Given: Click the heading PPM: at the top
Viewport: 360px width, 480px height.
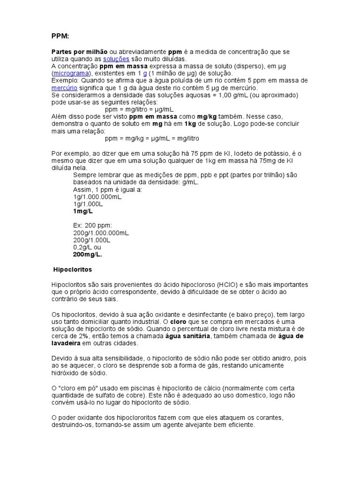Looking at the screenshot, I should [x=60, y=36].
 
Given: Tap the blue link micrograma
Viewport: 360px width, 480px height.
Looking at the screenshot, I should [x=71, y=74].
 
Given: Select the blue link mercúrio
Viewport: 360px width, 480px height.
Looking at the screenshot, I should [x=65, y=88].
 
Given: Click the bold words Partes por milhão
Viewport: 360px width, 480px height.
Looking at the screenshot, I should [x=79, y=52].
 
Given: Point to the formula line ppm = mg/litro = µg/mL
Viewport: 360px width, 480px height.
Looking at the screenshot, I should [x=140, y=109].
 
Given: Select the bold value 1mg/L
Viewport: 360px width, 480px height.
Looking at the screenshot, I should [x=83, y=211].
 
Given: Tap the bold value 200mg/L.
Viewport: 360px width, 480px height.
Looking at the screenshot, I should [x=87, y=255].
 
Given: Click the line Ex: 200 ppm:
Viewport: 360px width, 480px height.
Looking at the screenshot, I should [x=93, y=225].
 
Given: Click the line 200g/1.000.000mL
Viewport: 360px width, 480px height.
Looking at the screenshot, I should [x=101, y=232].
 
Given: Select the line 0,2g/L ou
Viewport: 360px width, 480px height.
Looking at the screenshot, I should [x=87, y=247].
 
